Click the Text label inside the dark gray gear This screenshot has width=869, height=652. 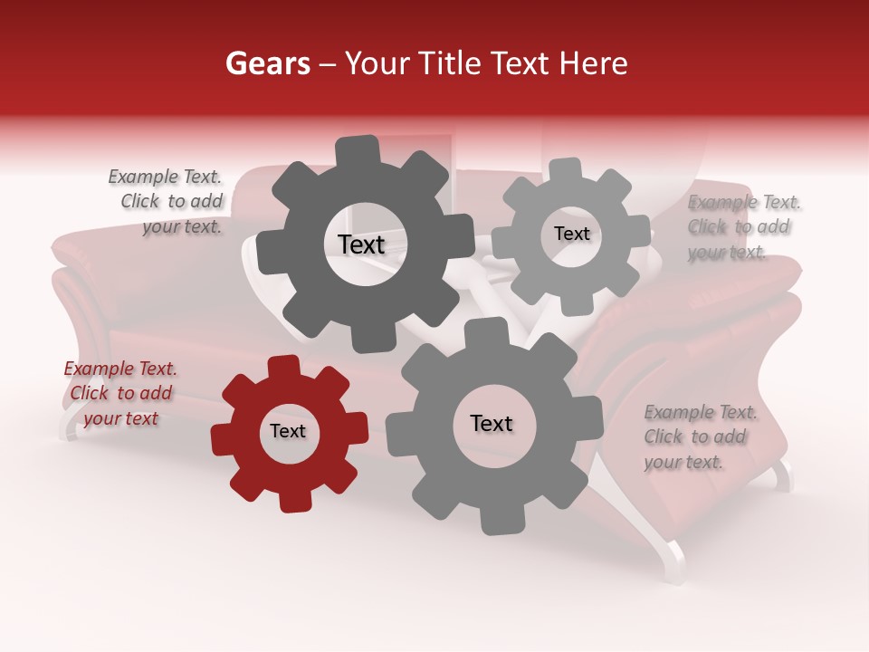pos(361,244)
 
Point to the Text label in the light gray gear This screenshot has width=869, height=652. pos(571,234)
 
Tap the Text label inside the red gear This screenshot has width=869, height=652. pos(288,431)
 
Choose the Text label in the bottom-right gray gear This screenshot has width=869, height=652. pos(492,423)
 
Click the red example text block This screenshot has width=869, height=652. pos(121,394)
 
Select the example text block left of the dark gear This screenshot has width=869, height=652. pos(167,202)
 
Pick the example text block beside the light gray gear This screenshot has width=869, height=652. pos(743,227)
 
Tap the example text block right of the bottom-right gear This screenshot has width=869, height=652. pos(700,437)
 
